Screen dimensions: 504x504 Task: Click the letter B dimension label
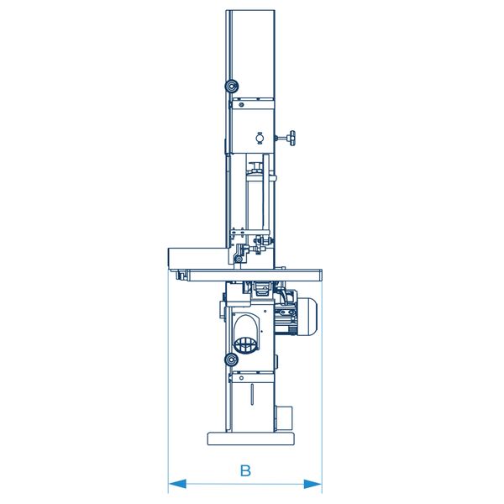point(245,470)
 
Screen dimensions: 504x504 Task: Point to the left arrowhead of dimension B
point(177,484)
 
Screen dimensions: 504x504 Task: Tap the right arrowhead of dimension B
point(312,484)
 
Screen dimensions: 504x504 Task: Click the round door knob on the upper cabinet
point(231,86)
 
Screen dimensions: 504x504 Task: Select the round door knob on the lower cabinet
point(231,360)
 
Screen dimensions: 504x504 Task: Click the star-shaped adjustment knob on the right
point(291,139)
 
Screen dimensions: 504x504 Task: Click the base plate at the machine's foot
point(250,438)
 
